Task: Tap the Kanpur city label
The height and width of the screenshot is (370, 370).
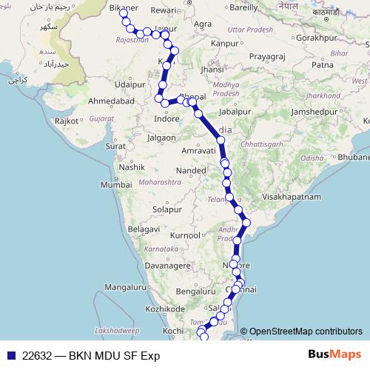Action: [224, 44]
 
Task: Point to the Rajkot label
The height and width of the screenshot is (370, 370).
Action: [67, 120]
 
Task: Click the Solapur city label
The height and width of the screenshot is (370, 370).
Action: [166, 210]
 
